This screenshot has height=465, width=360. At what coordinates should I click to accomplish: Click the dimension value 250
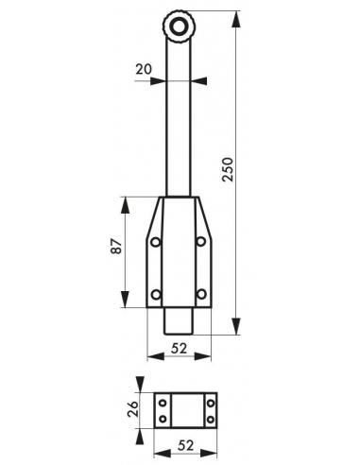pyautogui.click(x=228, y=169)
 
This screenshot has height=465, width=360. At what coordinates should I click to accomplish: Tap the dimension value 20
pyautogui.click(x=144, y=69)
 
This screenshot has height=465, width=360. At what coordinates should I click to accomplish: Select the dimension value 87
pyautogui.click(x=116, y=246)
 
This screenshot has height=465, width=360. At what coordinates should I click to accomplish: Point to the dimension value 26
pyautogui.click(x=133, y=408)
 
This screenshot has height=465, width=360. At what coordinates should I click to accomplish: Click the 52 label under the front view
pyautogui.click(x=179, y=348)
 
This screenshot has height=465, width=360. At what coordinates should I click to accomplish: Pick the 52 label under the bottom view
pyautogui.click(x=186, y=445)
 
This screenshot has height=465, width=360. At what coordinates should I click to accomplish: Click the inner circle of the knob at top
pyautogui.click(x=179, y=27)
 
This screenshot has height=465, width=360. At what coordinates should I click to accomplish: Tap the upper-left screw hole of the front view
pyautogui.click(x=156, y=242)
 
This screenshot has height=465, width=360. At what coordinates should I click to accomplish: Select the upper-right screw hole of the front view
pyautogui.click(x=201, y=242)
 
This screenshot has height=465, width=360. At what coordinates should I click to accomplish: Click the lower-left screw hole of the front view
pyautogui.click(x=156, y=295)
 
